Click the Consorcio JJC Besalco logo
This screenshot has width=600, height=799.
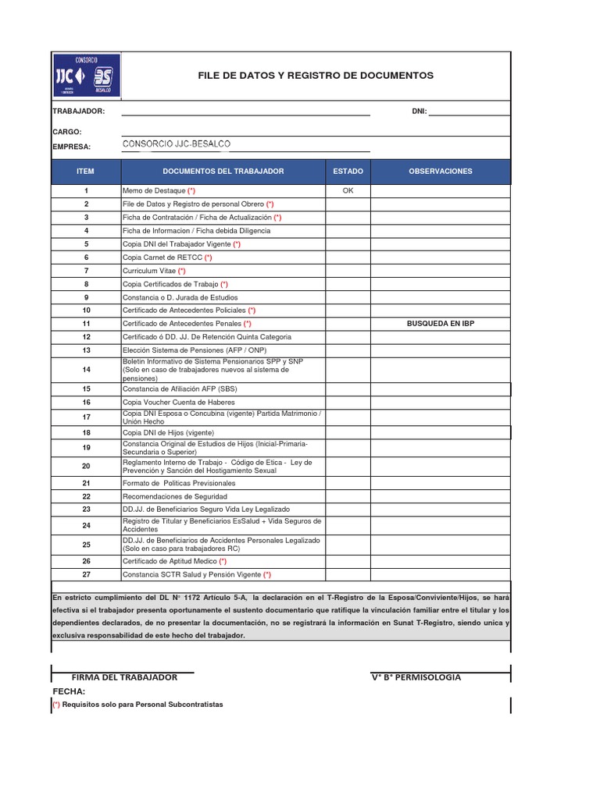click(x=86, y=75)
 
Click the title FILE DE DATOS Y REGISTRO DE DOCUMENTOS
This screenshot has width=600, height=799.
click(x=316, y=76)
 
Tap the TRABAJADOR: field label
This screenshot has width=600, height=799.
click(x=78, y=112)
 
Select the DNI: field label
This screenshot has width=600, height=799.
click(x=419, y=112)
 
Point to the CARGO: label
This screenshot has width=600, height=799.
click(x=67, y=132)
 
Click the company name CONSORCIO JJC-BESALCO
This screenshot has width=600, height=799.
click(x=177, y=144)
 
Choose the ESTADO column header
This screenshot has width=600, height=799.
click(x=348, y=171)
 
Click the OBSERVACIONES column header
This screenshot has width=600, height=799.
click(x=440, y=171)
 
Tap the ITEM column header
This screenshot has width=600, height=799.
click(x=86, y=171)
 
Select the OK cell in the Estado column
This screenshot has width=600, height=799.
click(x=348, y=190)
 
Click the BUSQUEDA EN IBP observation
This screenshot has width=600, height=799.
click(x=440, y=323)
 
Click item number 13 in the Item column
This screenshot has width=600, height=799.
click(x=86, y=350)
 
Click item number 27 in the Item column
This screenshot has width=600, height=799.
click(x=86, y=574)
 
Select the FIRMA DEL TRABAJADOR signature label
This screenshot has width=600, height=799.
click(x=124, y=677)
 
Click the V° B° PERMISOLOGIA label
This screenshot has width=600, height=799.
click(x=416, y=677)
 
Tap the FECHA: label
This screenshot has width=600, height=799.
click(x=69, y=691)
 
